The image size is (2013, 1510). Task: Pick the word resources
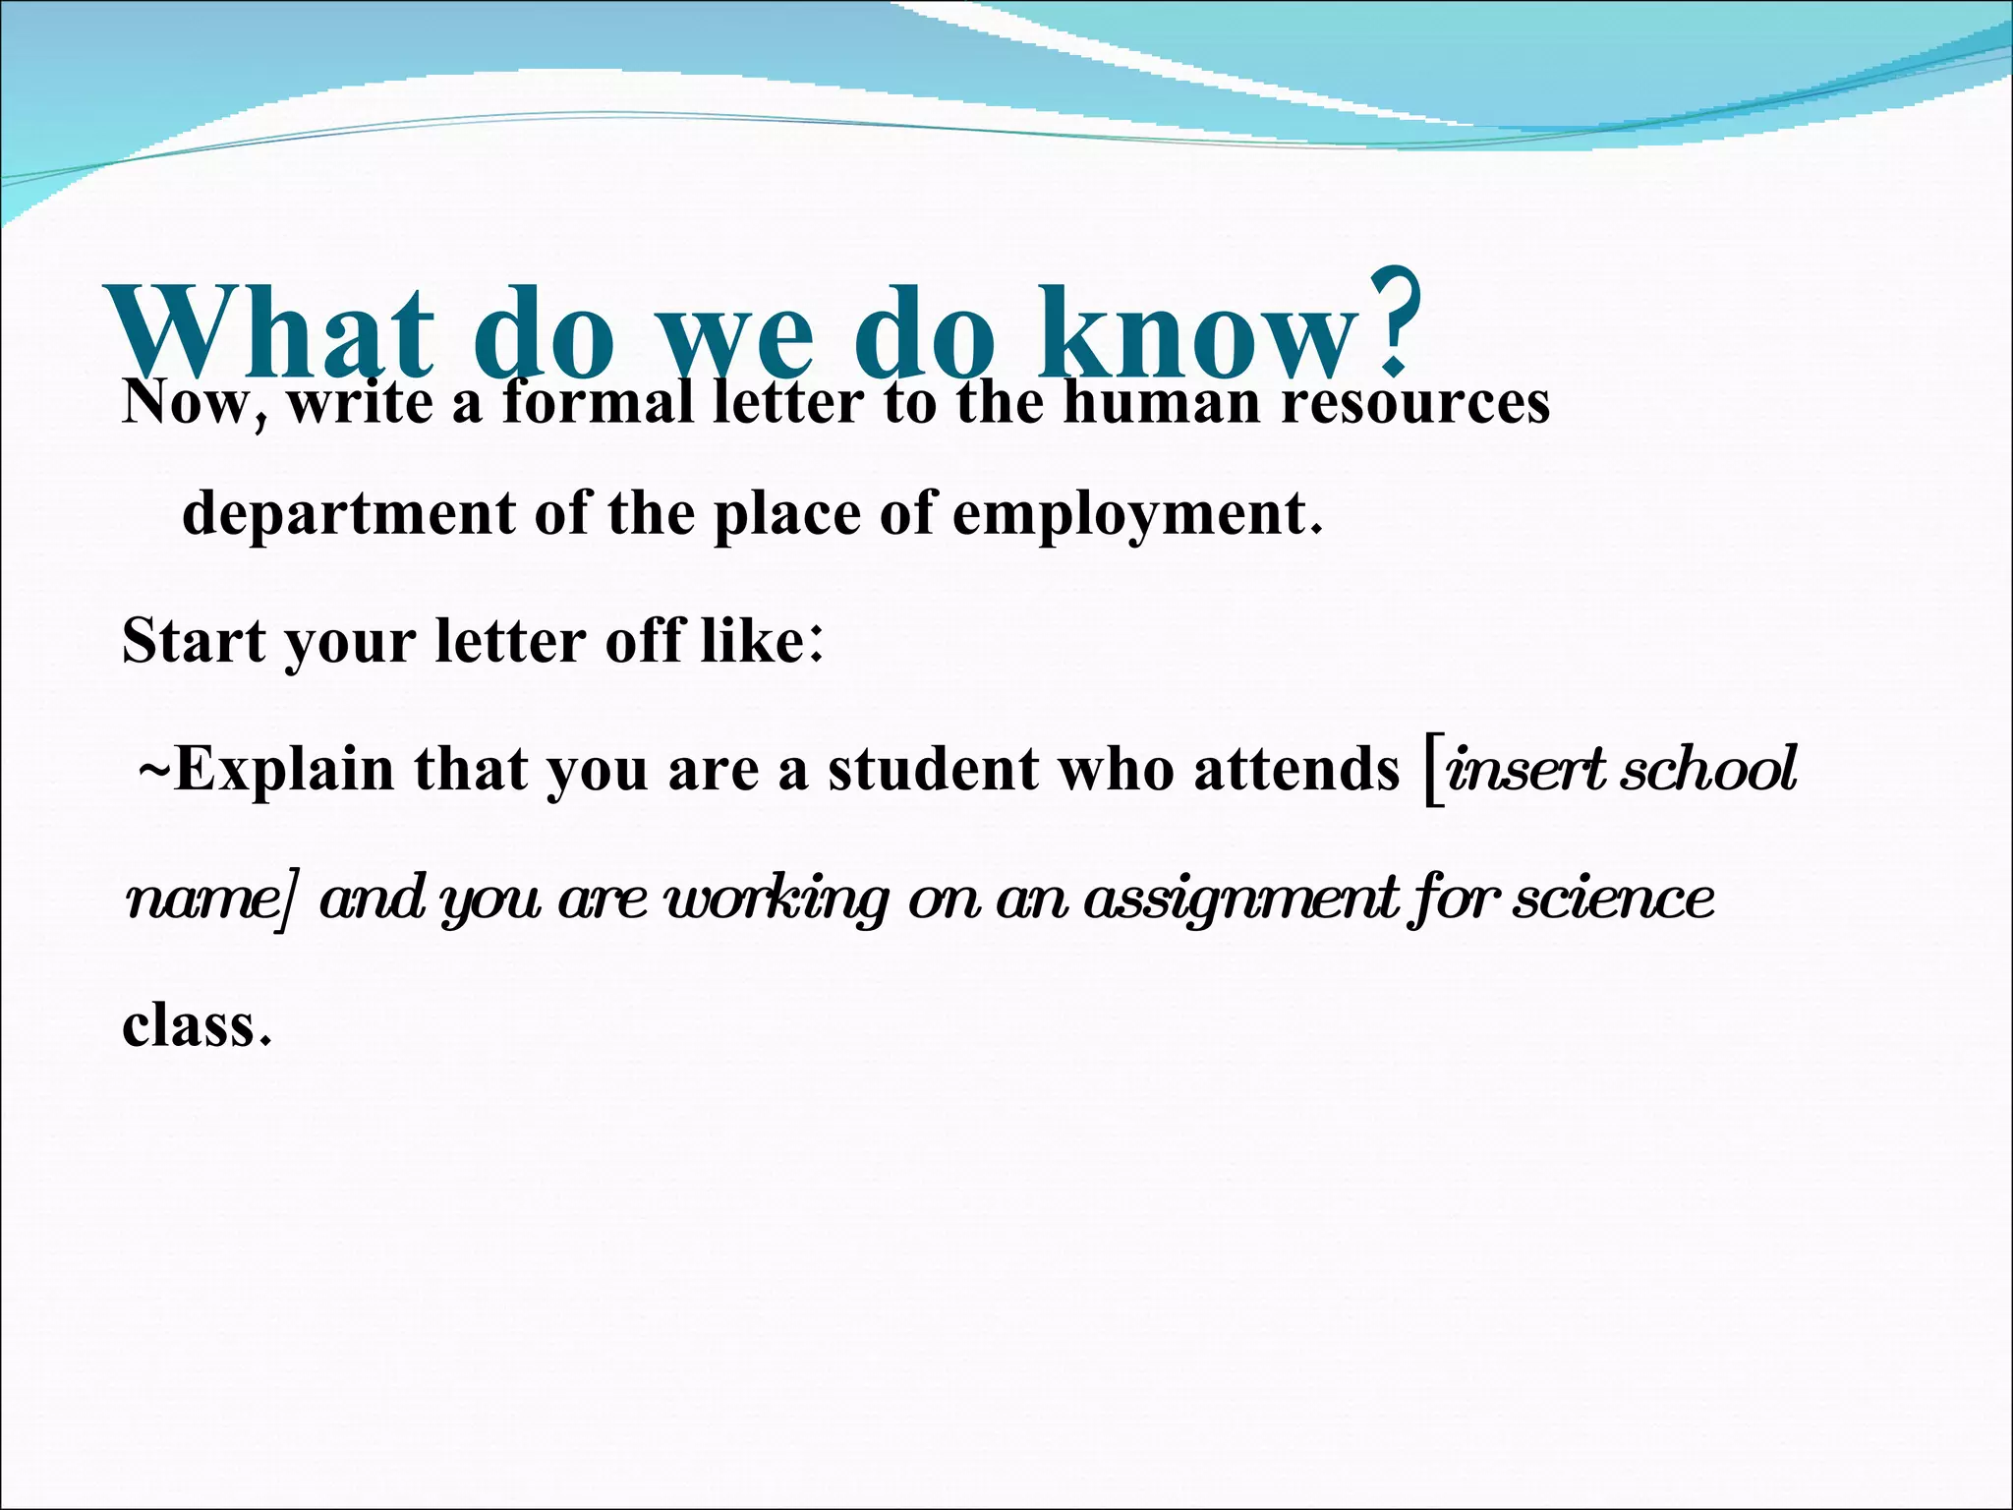[x=1414, y=402]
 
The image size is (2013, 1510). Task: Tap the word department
[x=348, y=513]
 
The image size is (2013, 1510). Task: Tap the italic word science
[x=1613, y=898]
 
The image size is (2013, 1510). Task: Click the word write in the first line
[x=360, y=402]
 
